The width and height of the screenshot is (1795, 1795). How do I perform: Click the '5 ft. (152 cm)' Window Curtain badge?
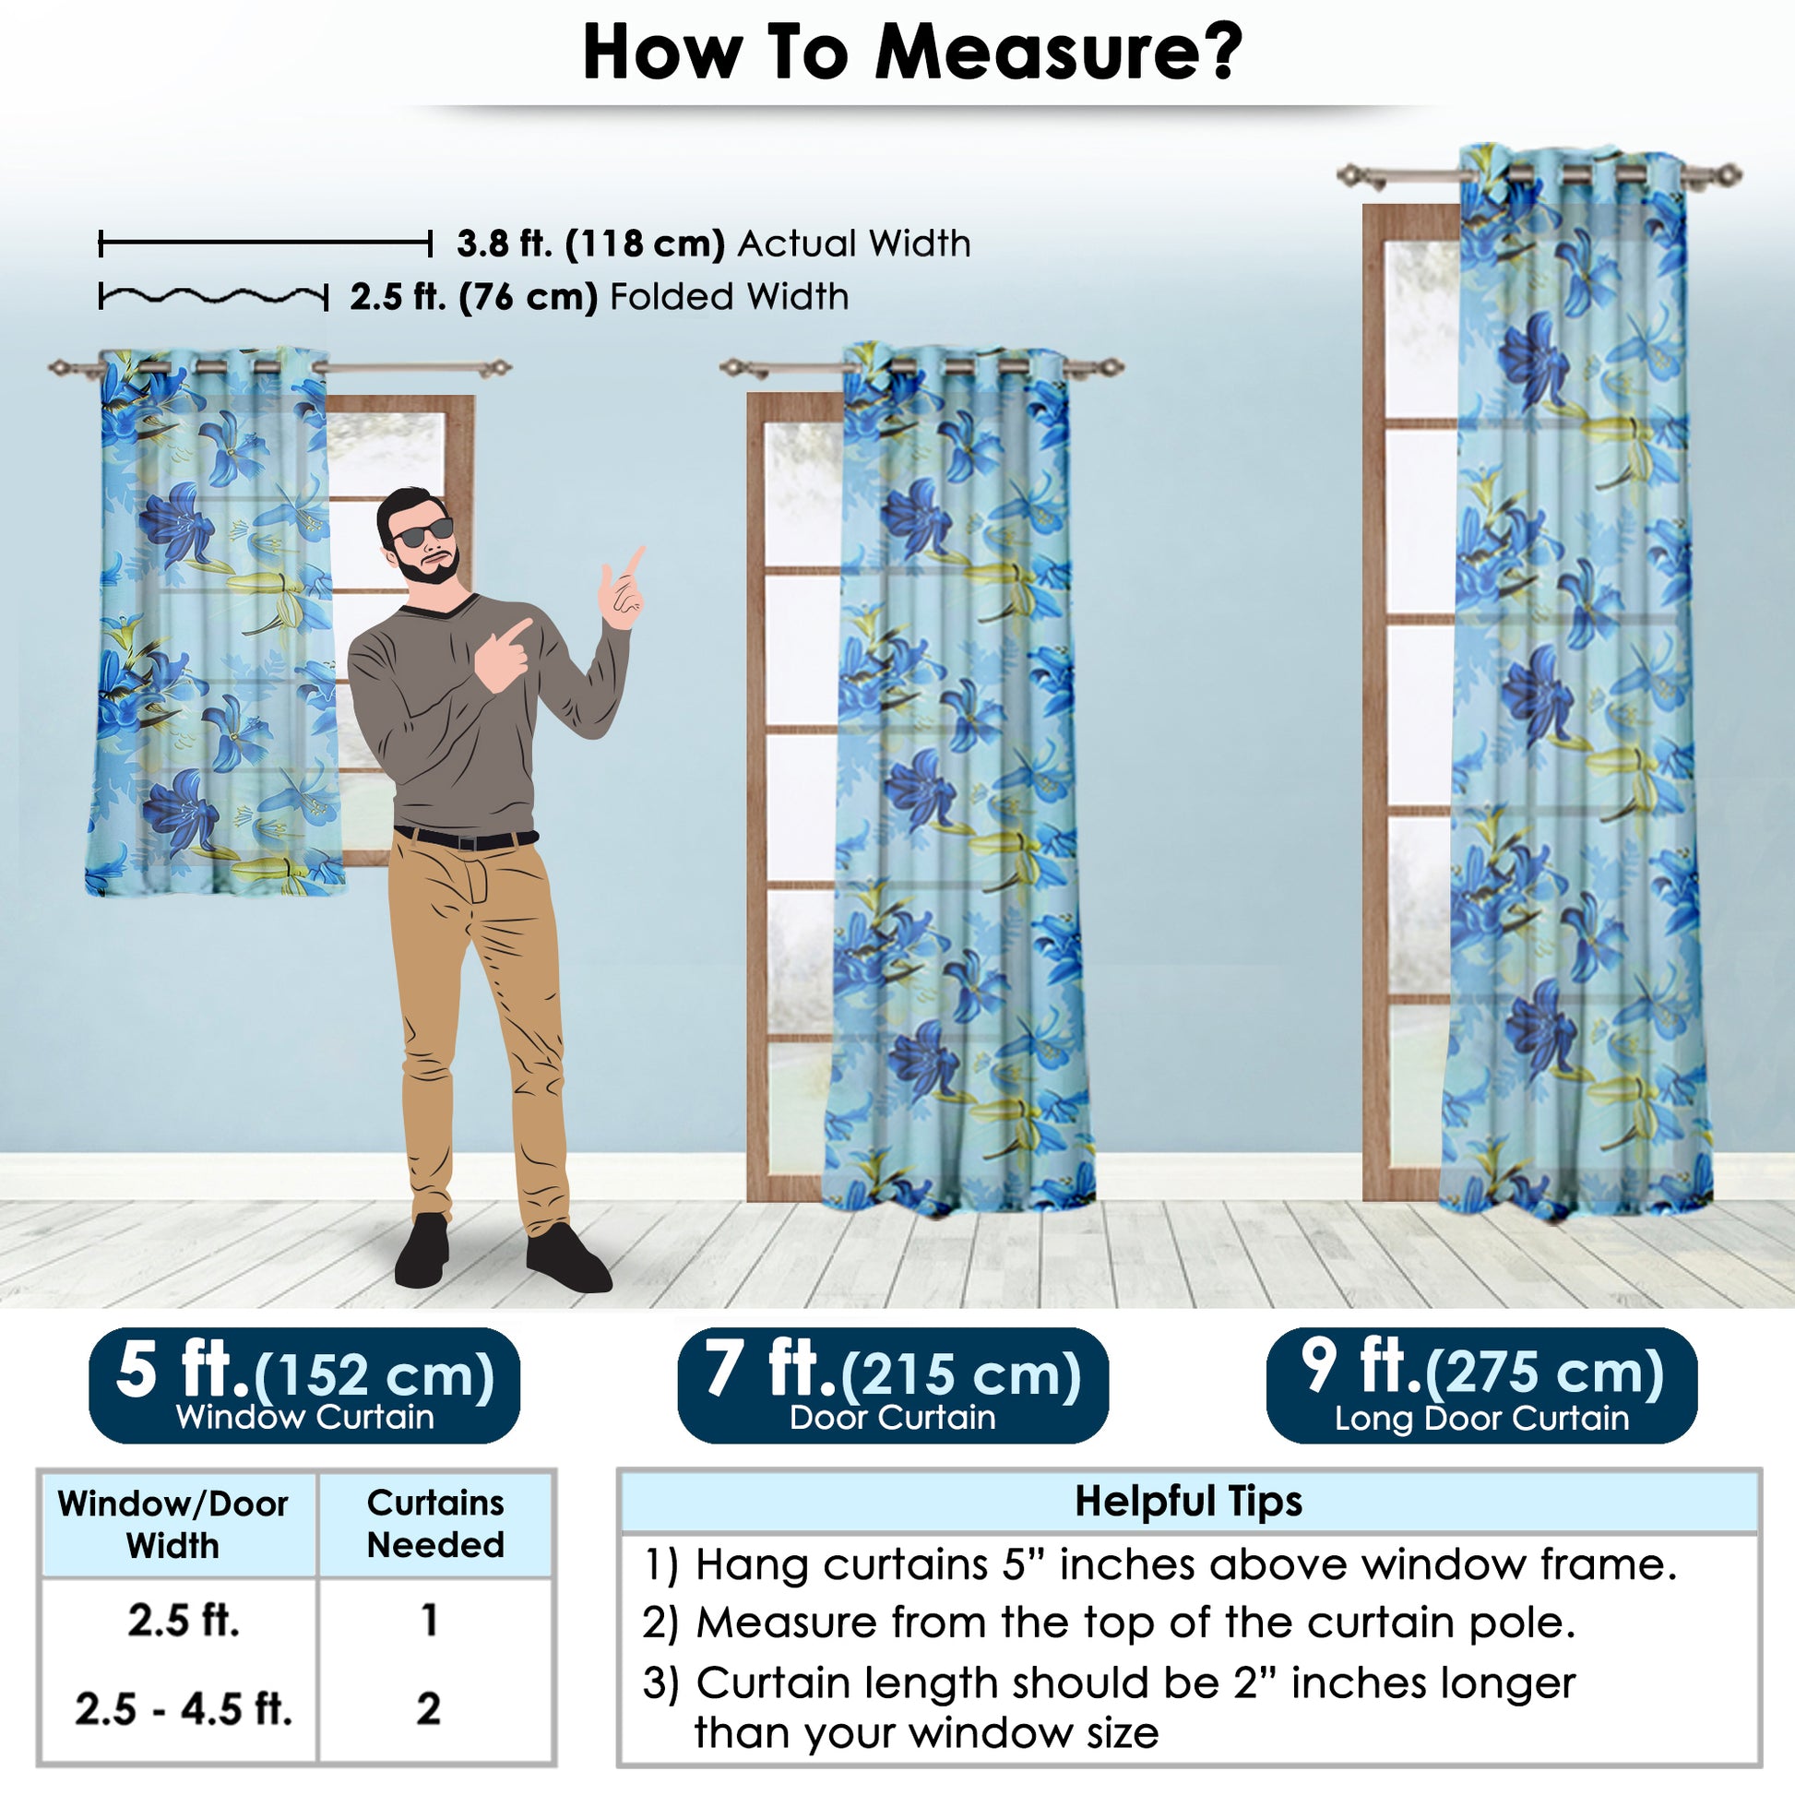click(303, 1385)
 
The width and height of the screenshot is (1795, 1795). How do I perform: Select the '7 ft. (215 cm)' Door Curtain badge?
click(893, 1385)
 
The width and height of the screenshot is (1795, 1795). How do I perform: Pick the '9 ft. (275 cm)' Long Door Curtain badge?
click(1482, 1385)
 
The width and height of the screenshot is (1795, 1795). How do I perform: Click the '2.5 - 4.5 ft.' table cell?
click(183, 1708)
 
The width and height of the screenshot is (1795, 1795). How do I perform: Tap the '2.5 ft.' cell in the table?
click(183, 1621)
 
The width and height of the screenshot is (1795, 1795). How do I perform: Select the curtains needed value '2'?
click(428, 1708)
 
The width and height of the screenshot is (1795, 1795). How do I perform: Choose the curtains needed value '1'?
click(428, 1621)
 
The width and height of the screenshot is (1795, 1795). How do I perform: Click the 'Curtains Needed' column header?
click(435, 1524)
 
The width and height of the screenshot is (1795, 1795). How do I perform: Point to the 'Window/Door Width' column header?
click(172, 1525)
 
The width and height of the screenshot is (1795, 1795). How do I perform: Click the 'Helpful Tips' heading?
click(1188, 1502)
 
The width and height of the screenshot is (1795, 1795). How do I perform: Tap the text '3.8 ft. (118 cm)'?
click(590, 244)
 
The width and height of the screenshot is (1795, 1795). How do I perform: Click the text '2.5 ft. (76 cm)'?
click(473, 297)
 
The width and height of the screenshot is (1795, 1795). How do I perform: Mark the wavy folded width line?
click(213, 297)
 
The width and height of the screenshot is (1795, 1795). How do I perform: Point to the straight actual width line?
click(265, 244)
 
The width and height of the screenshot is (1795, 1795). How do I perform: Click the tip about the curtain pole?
click(1110, 1623)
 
